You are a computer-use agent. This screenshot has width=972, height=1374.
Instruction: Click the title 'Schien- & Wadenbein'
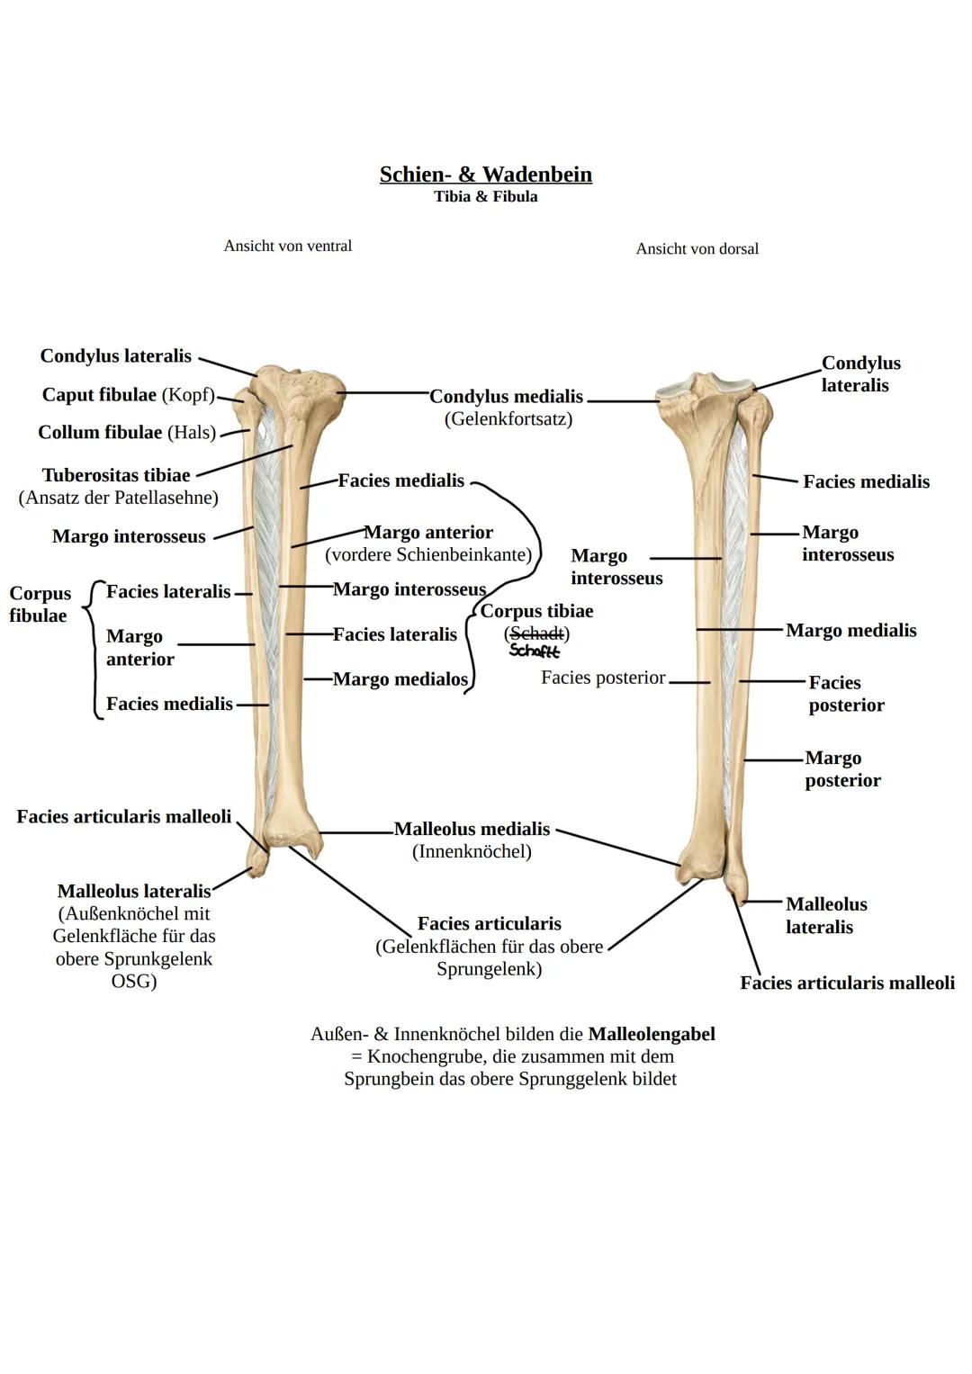click(485, 175)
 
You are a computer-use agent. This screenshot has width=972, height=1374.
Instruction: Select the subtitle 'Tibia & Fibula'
click(485, 197)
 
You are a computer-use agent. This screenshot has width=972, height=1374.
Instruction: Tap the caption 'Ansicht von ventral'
click(287, 246)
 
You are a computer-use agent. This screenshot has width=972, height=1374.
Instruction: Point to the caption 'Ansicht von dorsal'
click(697, 248)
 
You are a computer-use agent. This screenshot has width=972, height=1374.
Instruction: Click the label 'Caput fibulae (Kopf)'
click(128, 395)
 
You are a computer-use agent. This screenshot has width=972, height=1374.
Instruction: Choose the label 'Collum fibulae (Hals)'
click(127, 433)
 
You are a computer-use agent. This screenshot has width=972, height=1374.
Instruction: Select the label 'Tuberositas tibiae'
click(116, 475)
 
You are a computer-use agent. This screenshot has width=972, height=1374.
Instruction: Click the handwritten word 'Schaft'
click(534, 651)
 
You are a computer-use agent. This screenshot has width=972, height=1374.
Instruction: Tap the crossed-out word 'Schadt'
click(536, 633)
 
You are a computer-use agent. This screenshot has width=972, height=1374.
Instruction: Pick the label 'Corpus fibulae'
click(40, 605)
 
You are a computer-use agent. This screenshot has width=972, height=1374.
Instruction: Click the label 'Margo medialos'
click(400, 679)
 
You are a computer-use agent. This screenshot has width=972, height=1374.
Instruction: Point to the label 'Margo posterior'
click(841, 769)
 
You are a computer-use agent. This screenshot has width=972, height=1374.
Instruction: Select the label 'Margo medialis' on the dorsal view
click(850, 630)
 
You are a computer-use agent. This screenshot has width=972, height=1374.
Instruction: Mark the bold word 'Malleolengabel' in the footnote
click(651, 1034)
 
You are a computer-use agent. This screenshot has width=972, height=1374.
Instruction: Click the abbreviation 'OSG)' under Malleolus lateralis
click(133, 982)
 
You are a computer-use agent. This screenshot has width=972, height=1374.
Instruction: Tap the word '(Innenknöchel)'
click(472, 851)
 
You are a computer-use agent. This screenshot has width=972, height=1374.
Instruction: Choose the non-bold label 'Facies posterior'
click(603, 678)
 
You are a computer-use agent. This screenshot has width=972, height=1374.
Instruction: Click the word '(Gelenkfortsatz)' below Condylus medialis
click(508, 418)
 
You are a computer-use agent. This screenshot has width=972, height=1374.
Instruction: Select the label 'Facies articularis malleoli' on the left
click(123, 817)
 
